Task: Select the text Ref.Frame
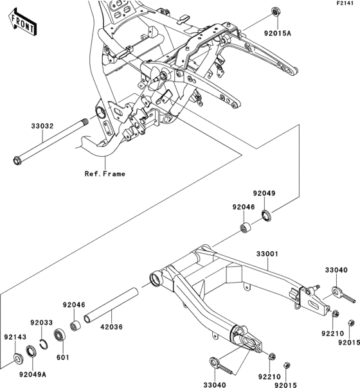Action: point(105,173)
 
